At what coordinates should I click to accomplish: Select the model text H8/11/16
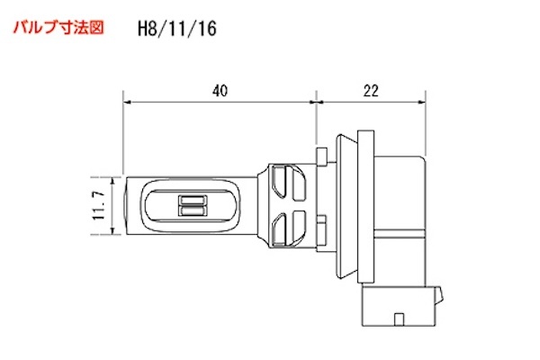(176, 28)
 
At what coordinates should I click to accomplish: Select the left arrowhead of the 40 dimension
(128, 103)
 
